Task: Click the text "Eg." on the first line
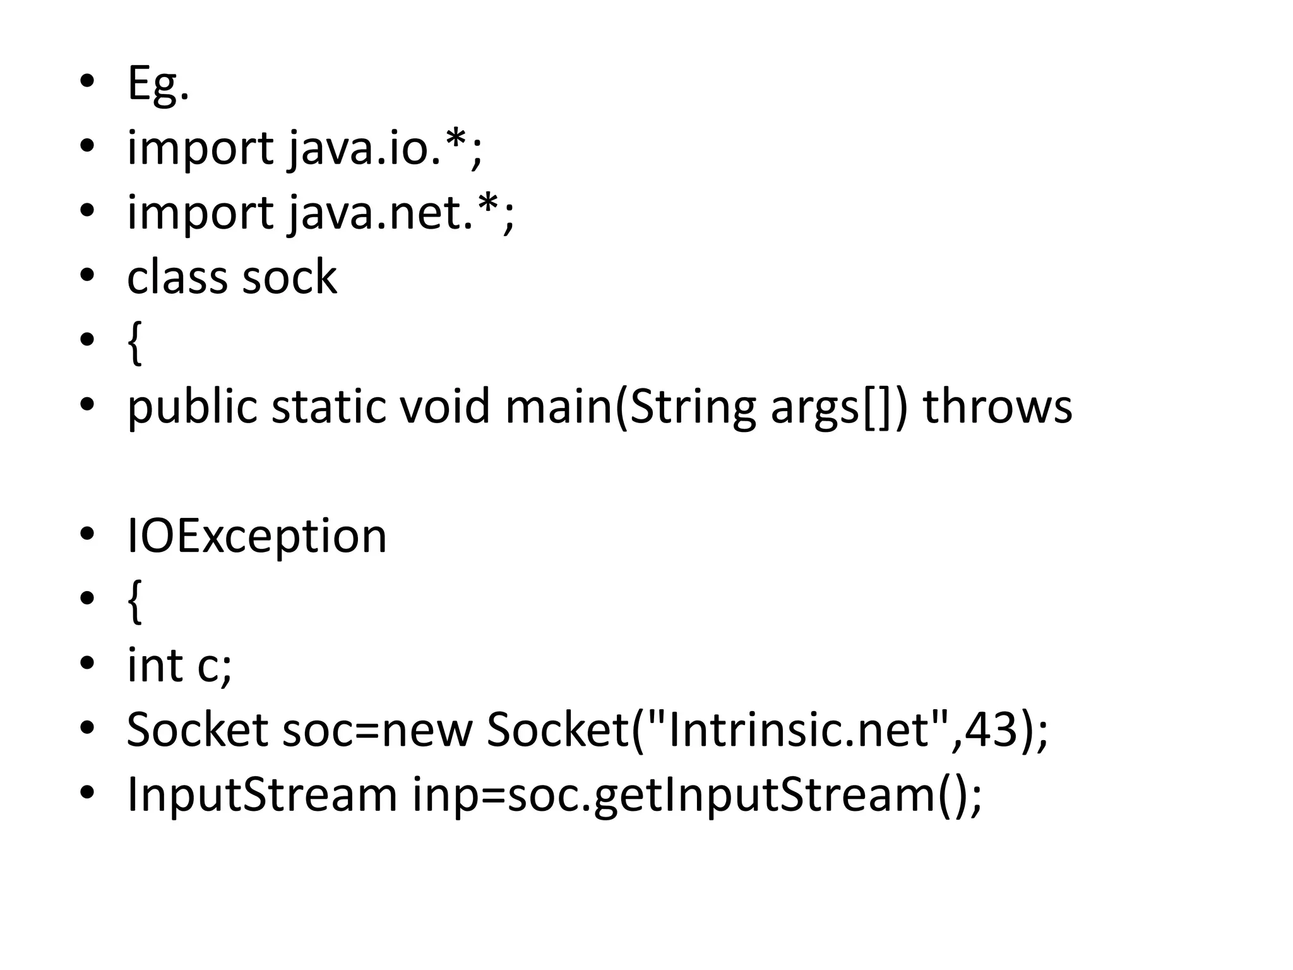[x=158, y=84]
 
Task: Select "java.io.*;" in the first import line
[x=386, y=148]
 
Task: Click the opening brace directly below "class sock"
[x=134, y=344]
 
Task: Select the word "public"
[x=192, y=407]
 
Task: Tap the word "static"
[x=328, y=407]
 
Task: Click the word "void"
[x=445, y=407]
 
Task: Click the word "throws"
[x=998, y=407]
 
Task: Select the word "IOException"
[x=256, y=536]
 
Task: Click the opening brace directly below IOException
[x=134, y=602]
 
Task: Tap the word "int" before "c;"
[x=155, y=666]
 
